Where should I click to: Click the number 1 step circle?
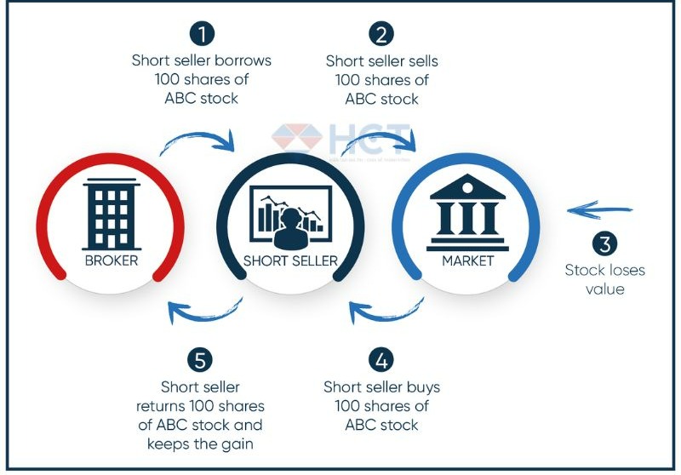[203, 35]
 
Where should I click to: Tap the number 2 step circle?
[381, 35]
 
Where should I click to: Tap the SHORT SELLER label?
[291, 260]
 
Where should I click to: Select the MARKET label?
[467, 260]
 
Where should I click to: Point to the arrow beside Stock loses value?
[601, 209]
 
